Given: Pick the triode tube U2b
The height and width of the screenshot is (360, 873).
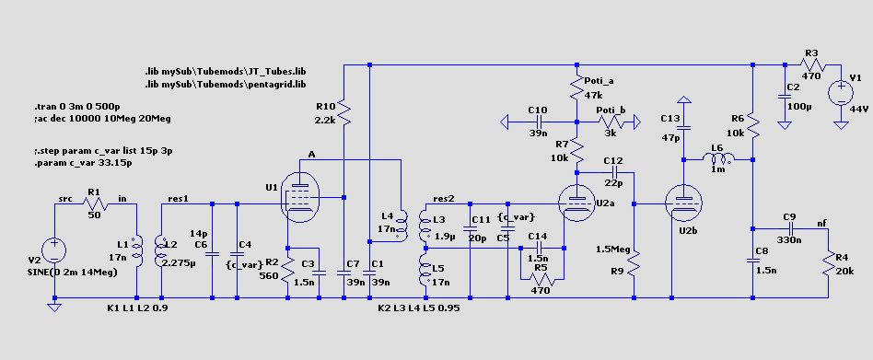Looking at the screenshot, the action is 684,204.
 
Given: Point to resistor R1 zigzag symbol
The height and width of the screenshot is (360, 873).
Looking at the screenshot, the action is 94,204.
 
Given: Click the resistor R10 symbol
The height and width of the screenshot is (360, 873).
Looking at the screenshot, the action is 344,113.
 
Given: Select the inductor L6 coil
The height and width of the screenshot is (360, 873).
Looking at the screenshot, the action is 718,159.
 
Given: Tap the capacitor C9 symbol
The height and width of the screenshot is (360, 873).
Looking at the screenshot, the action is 791,228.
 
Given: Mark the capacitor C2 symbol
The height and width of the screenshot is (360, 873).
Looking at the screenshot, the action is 784,95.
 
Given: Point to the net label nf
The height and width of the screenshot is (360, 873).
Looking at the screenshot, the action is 821,223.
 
